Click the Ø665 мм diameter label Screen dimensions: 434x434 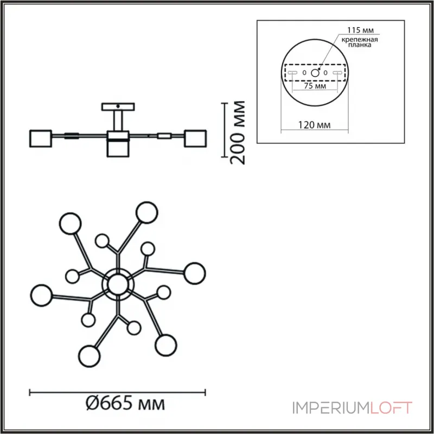pyautogui.click(x=125, y=404)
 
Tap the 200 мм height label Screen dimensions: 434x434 pyautogui.click(x=238, y=133)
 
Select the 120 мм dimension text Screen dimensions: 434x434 pyautogui.click(x=314, y=125)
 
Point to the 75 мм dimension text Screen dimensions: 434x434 pyautogui.click(x=315, y=86)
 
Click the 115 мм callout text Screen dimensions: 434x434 pyautogui.click(x=360, y=30)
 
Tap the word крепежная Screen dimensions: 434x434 pyautogui.click(x=360, y=40)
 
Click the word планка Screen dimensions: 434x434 pyautogui.click(x=360, y=45)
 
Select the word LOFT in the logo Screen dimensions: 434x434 pyautogui.click(x=391, y=407)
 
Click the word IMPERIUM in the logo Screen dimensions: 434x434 pyautogui.click(x=331, y=408)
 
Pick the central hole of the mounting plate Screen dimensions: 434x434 pyautogui.click(x=315, y=73)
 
